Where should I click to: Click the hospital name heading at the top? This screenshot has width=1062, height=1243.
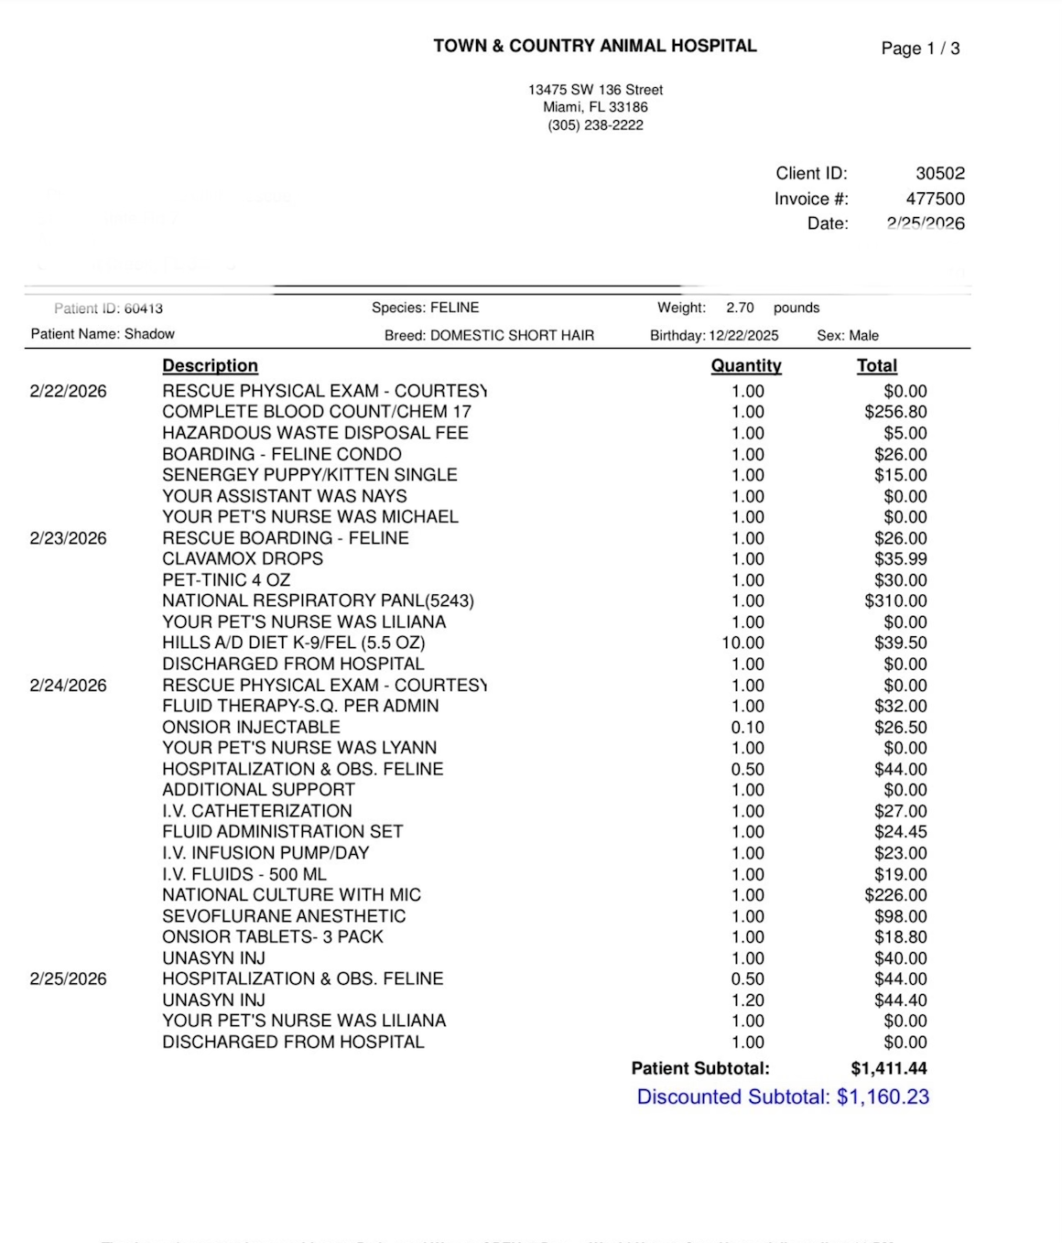pyautogui.click(x=595, y=46)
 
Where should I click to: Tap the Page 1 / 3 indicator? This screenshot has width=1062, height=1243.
pyautogui.click(x=920, y=49)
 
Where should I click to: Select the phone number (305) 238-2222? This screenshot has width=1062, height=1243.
pyautogui.click(x=595, y=125)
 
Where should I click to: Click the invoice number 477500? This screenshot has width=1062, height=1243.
pyautogui.click(x=935, y=199)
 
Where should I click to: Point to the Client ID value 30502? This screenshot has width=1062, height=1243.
pyautogui.click(x=940, y=173)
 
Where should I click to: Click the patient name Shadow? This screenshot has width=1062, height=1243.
pyautogui.click(x=149, y=334)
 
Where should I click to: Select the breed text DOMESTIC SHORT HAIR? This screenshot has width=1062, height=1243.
pyautogui.click(x=512, y=335)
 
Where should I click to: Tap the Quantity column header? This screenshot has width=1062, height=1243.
pyautogui.click(x=746, y=365)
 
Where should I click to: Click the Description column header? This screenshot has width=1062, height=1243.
pyautogui.click(x=210, y=365)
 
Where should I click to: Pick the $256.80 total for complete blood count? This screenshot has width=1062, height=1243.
pyautogui.click(x=895, y=412)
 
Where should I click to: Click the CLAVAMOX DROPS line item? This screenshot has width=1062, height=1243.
pyautogui.click(x=243, y=558)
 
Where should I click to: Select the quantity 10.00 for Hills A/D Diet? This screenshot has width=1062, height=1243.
pyautogui.click(x=743, y=643)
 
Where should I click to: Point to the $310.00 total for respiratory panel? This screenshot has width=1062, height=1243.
pyautogui.click(x=895, y=600)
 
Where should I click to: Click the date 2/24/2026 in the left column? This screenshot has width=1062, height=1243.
pyautogui.click(x=68, y=685)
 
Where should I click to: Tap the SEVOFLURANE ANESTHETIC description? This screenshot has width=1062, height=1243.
pyautogui.click(x=284, y=915)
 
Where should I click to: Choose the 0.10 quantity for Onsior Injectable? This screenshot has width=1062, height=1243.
pyautogui.click(x=748, y=727)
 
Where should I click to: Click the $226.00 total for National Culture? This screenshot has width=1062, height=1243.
pyautogui.click(x=895, y=894)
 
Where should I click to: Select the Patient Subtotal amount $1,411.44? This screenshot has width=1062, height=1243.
pyautogui.click(x=888, y=1068)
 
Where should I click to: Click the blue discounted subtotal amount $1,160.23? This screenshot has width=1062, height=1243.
pyautogui.click(x=883, y=1097)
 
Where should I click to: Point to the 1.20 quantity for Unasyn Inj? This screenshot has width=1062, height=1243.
pyautogui.click(x=748, y=1000)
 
